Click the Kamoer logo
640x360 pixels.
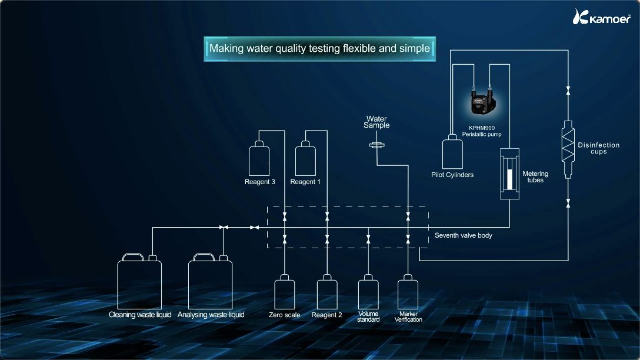(601, 16)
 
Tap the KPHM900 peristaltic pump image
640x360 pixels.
(483, 101)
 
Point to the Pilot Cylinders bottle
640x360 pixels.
(452, 151)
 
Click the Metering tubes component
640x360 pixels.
(510, 174)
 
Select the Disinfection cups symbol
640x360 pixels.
(568, 149)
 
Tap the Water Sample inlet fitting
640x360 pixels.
(376, 145)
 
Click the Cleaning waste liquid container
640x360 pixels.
(139, 281)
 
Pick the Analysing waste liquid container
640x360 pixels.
(210, 281)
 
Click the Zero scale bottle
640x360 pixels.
(285, 292)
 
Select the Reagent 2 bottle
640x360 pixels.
(327, 292)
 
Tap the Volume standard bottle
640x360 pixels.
(368, 292)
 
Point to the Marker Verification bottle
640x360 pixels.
(408, 292)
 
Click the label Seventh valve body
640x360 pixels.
(464, 235)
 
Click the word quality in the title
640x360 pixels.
(291, 49)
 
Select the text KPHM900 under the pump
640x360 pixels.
(482, 128)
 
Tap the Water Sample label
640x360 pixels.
(376, 122)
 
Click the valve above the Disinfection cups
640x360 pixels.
(568, 90)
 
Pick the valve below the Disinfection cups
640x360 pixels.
(568, 203)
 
